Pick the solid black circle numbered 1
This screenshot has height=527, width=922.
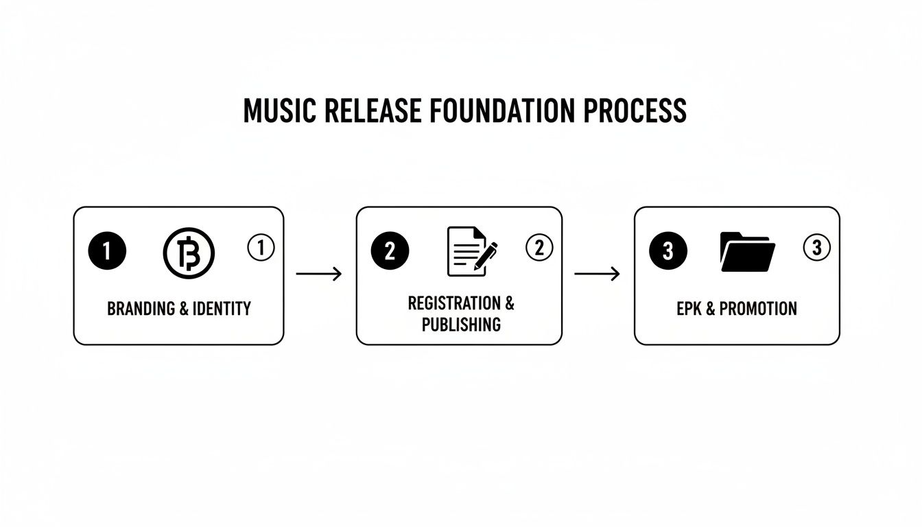[x=107, y=251]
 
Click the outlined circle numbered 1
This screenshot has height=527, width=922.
[x=261, y=248]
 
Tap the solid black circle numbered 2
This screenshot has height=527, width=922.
[x=390, y=251]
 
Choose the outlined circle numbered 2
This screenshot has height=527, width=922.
[x=539, y=248]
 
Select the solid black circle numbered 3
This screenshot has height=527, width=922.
[x=667, y=251]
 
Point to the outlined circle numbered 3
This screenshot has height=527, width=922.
[x=816, y=248]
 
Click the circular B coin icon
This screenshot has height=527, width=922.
[x=189, y=253]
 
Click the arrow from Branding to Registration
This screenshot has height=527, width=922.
[x=319, y=274]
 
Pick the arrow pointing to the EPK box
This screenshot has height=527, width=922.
[x=597, y=274]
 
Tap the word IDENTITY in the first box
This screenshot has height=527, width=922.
[x=221, y=309]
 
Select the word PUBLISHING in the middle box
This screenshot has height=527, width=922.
[x=461, y=325]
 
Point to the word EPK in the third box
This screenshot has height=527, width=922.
[x=689, y=309]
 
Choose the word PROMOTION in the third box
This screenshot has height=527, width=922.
[x=758, y=309]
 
